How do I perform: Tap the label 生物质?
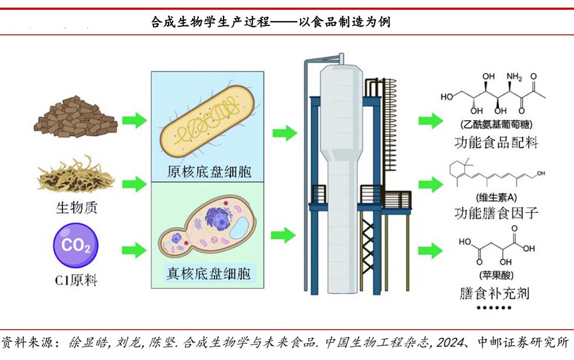(77, 208)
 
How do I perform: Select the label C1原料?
(76, 280)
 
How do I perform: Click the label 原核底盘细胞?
(208, 172)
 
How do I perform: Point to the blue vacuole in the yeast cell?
(238, 227)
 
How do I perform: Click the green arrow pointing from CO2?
(134, 249)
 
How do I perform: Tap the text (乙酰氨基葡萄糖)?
(495, 125)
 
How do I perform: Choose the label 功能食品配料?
(495, 144)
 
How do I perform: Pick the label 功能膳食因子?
(495, 213)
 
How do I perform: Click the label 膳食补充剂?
(495, 294)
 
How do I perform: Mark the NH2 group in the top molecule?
(514, 77)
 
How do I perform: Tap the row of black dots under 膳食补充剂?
(495, 308)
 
